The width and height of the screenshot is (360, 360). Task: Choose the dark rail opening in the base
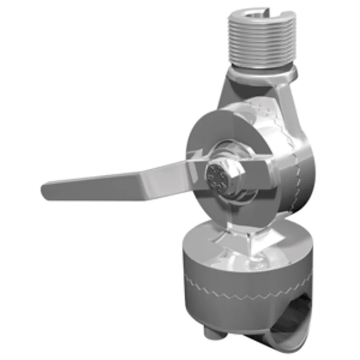click(x=299, y=313)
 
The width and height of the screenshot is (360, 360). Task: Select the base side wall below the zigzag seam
click(x=234, y=310)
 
